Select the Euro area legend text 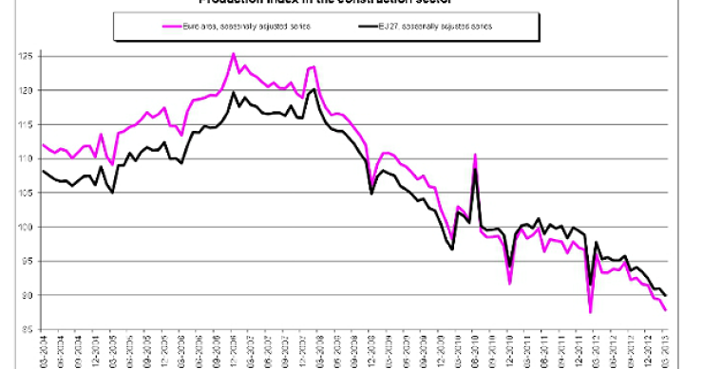click(242, 26)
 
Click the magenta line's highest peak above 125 click(234, 54)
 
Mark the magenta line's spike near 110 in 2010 click(474, 155)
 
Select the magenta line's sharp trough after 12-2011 click(590, 312)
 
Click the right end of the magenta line click(664, 310)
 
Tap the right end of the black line click(664, 295)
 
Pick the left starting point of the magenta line click(42, 144)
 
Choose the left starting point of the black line click(42, 171)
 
